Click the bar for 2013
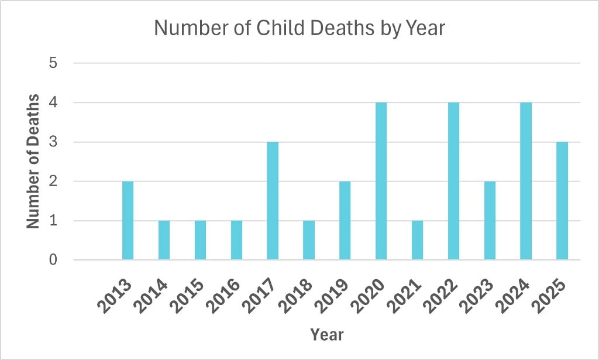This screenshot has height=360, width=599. pos(128,221)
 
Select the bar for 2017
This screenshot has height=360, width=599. pos(273,201)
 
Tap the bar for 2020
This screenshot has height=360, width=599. pos(381,181)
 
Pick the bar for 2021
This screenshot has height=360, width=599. pos(417,241)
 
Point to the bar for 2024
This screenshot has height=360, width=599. pos(526,181)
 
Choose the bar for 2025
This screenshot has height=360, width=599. pos(562,201)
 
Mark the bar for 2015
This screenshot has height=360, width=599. pos(200,241)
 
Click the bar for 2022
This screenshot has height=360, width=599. pos(453,181)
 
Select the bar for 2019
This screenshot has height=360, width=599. pos(345,221)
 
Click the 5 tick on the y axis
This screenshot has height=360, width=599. pos(53,63)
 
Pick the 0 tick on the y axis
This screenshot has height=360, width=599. pos(53,260)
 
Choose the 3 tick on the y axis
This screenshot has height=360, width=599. pos(53,142)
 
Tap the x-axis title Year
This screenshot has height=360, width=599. pos(327,335)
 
